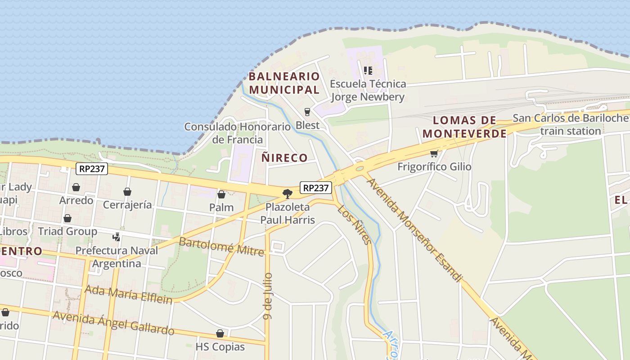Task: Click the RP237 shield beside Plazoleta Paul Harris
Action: click(x=315, y=188)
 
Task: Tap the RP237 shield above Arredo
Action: click(x=91, y=169)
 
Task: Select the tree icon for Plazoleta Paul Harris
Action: click(x=287, y=194)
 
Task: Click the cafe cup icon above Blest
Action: click(x=308, y=112)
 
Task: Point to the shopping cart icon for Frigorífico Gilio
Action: click(x=434, y=153)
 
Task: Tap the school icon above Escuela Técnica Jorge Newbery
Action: click(x=368, y=71)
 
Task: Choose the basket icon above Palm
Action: click(x=221, y=194)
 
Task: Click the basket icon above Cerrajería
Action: click(x=127, y=192)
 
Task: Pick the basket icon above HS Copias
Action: click(x=220, y=333)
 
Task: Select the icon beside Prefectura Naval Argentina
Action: click(x=117, y=237)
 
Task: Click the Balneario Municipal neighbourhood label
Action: click(x=284, y=83)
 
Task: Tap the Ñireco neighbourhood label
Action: click(x=284, y=158)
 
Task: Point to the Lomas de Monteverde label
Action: click(x=464, y=127)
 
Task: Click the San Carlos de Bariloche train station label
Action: click(x=571, y=125)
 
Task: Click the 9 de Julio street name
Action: click(x=268, y=296)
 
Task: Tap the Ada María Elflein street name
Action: click(x=129, y=294)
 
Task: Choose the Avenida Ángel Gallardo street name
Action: click(x=113, y=323)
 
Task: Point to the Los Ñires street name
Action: click(x=355, y=225)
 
